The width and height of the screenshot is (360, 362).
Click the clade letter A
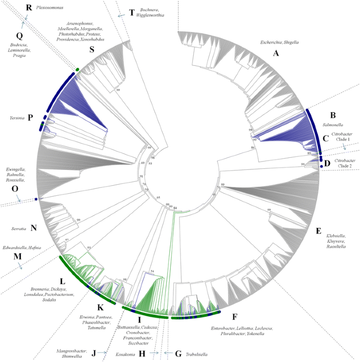coord(275,53)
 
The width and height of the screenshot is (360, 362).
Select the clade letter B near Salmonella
coord(332,114)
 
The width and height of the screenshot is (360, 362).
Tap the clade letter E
coord(318,230)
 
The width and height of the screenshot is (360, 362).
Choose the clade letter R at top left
coord(28,7)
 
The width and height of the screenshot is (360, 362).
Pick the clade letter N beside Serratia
coord(34,228)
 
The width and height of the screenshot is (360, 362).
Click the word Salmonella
coord(332,125)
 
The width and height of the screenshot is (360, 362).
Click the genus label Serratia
coord(19,229)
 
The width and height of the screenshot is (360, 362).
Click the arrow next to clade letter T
coord(121,16)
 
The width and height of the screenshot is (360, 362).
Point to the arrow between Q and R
coord(24,22)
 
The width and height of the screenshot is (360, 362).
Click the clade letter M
coord(17,256)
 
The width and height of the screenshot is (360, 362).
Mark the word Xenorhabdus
coord(94,39)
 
